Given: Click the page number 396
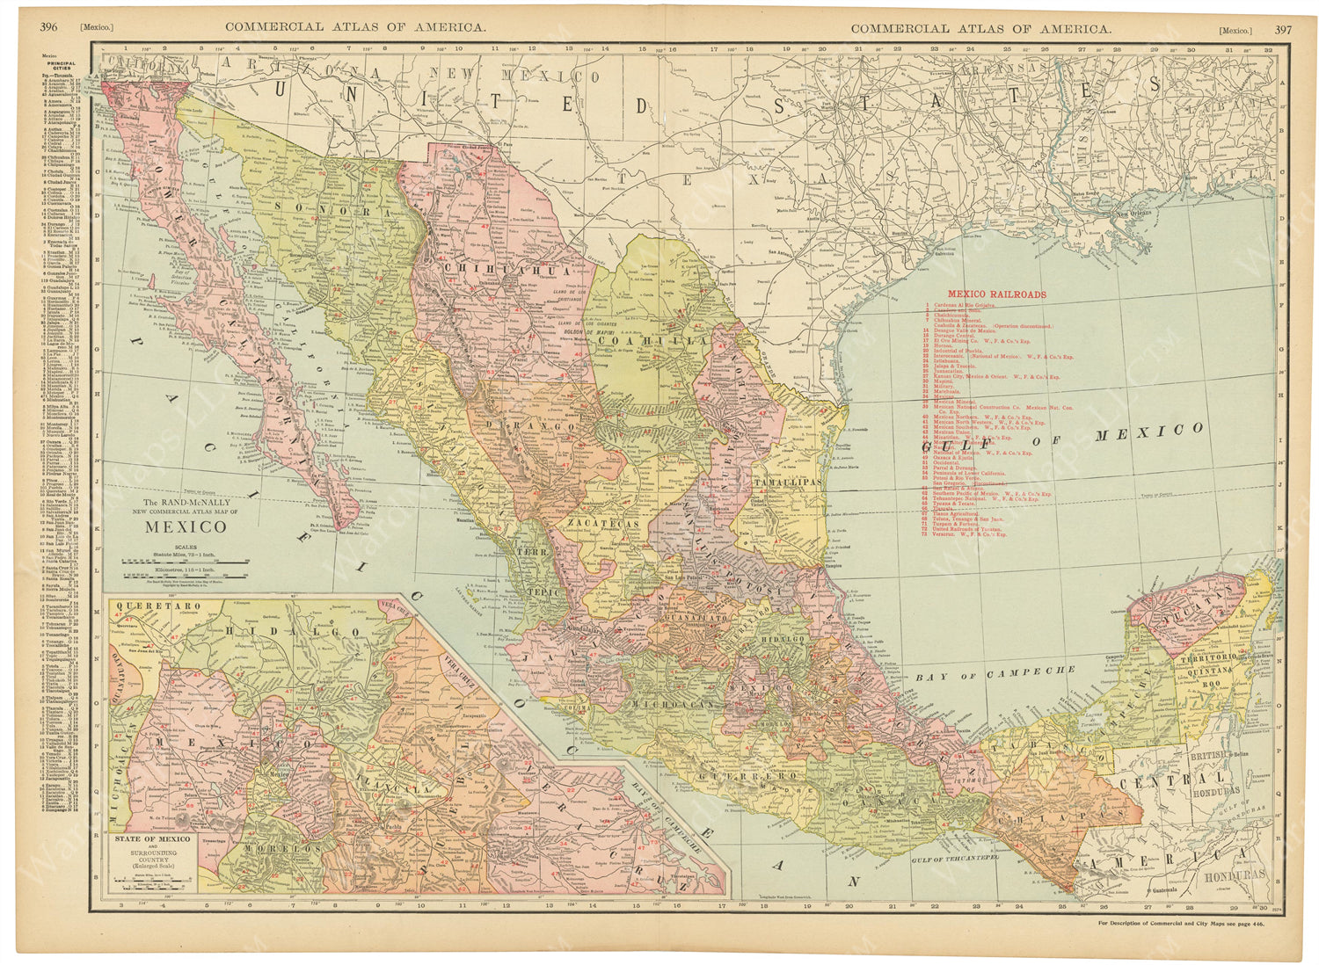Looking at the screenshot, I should [48, 27].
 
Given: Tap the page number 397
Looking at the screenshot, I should [1284, 29].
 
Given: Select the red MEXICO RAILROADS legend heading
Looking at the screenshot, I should [996, 294].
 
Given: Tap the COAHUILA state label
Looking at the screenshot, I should [652, 340].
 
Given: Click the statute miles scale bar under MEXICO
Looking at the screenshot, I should [186, 560].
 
